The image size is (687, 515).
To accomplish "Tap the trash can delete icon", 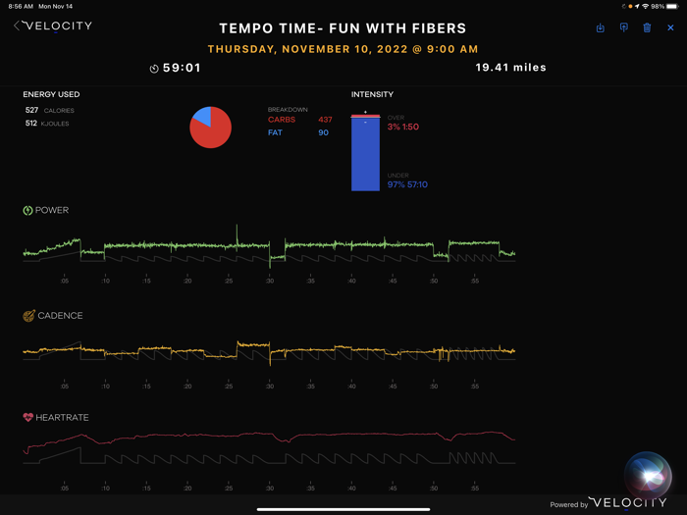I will pyautogui.click(x=647, y=27).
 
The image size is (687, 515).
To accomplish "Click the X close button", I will pyautogui.click(x=670, y=27).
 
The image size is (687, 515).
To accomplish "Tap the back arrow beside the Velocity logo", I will pyautogui.click(x=18, y=26).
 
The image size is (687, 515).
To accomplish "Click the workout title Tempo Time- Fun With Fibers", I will pyautogui.click(x=343, y=28).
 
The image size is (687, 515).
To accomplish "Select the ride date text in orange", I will pyautogui.click(x=343, y=49).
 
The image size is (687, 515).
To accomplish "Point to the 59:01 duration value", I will pyautogui.click(x=182, y=69).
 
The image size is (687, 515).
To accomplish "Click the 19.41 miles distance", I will pyautogui.click(x=510, y=68).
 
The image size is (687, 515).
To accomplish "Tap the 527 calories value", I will pyautogui.click(x=31, y=111).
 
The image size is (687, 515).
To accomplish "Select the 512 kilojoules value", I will pyautogui.click(x=31, y=124).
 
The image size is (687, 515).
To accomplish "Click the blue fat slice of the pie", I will pyautogui.click(x=202, y=115).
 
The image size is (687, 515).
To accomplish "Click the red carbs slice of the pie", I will pyautogui.click(x=212, y=131).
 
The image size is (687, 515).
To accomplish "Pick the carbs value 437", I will pyautogui.click(x=325, y=120).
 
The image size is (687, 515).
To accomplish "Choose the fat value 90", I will pyautogui.click(x=324, y=132).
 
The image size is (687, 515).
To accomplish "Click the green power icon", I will pyautogui.click(x=28, y=210).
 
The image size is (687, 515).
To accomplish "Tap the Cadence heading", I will pyautogui.click(x=59, y=316).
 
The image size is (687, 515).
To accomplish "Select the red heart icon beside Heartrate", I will pyautogui.click(x=28, y=418).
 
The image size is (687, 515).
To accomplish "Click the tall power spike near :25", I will pyautogui.click(x=237, y=233).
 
